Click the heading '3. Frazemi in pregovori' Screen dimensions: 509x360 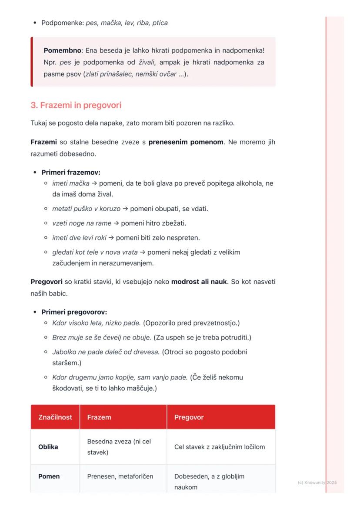click(x=76, y=105)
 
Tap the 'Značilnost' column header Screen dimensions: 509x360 click(x=55, y=417)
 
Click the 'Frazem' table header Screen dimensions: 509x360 click(x=99, y=417)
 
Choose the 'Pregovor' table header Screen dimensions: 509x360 click(x=189, y=417)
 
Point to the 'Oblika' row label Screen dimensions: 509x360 click(x=48, y=447)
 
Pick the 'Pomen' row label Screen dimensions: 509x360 click(x=49, y=476)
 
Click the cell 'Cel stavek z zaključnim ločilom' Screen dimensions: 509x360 click(x=220, y=447)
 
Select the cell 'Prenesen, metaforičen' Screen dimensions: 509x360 click(x=120, y=476)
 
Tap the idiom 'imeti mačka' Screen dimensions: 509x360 click(x=71, y=183)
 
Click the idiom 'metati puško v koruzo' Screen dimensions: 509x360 click(x=86, y=209)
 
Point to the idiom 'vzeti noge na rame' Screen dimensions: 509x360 click(x=82, y=223)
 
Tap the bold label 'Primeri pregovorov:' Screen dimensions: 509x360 click(x=74, y=312)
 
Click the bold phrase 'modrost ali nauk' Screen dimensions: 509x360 click(x=199, y=282)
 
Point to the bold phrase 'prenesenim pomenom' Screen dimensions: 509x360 click(x=186, y=142)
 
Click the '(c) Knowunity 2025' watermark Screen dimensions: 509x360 click(x=317, y=482)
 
